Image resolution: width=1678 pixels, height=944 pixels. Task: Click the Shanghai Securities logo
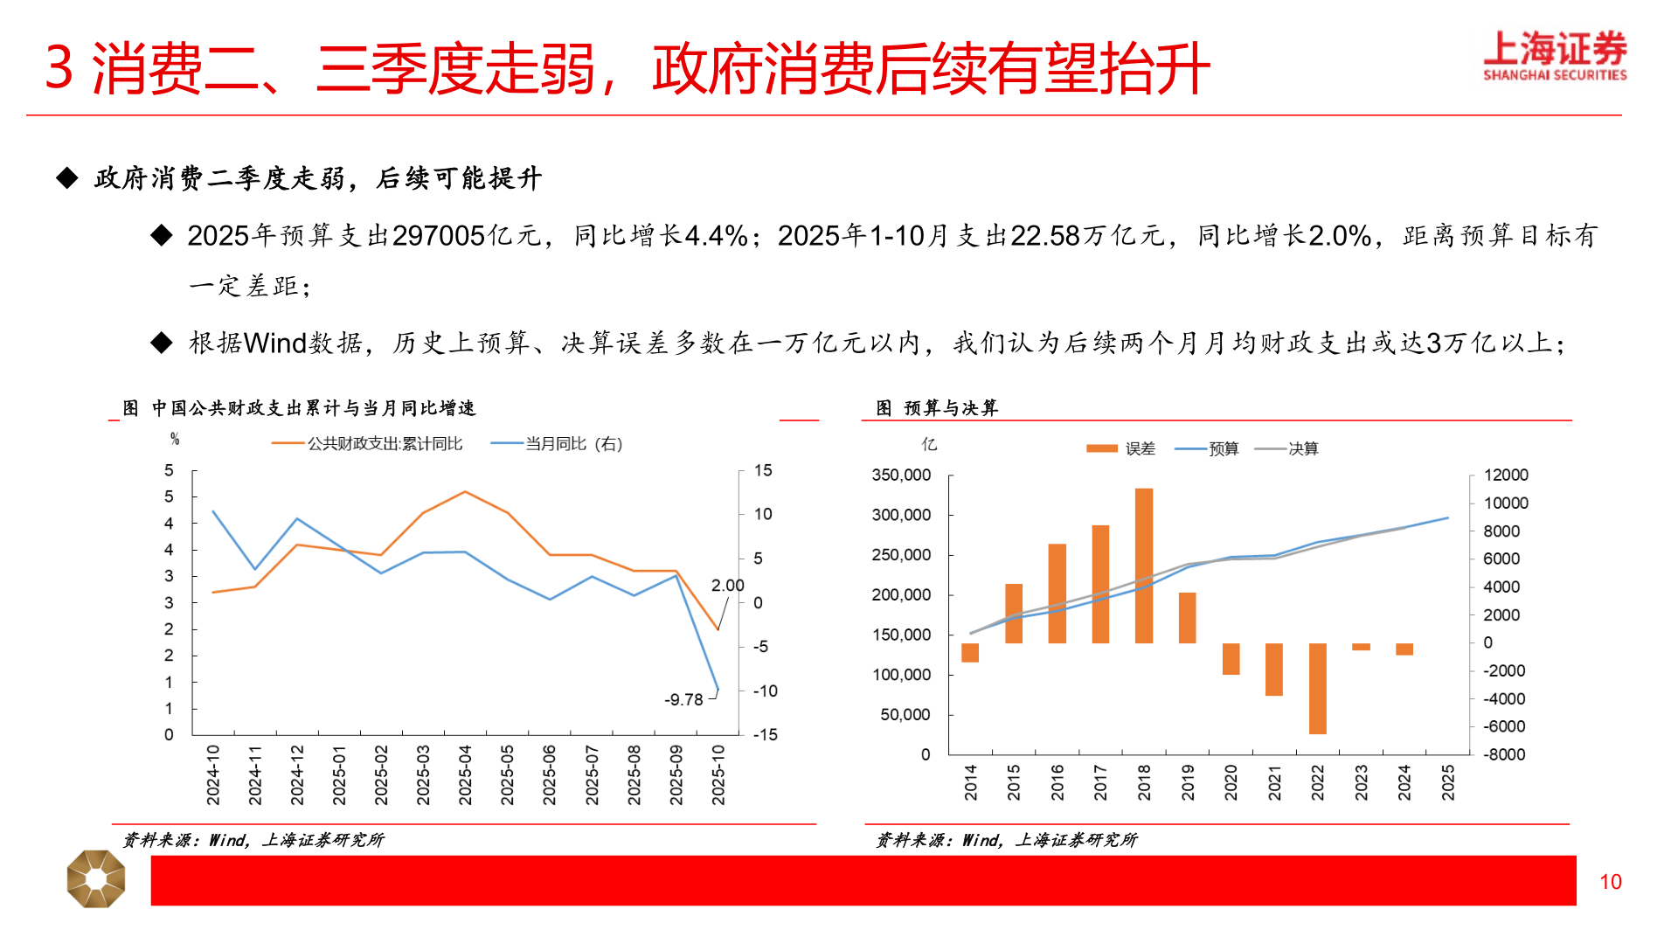pos(1554,56)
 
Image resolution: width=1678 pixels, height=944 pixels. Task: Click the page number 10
pos(1610,882)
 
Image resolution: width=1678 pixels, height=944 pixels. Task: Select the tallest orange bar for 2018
pos(1143,566)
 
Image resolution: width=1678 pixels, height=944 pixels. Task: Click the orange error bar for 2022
pos(1317,689)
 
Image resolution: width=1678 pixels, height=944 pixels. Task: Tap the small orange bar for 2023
pos(1361,647)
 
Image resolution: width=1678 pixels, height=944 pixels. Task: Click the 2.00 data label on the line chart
pos(727,586)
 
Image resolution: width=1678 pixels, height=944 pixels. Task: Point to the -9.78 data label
pos(683,699)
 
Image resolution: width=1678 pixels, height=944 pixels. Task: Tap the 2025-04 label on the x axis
pos(465,774)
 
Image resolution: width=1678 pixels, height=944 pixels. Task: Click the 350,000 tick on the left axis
pos(901,475)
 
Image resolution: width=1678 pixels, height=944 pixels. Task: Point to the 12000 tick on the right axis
pos(1506,475)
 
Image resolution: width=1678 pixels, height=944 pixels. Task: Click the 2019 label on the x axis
pos(1187,781)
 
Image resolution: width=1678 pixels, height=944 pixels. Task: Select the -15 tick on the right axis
pos(765,734)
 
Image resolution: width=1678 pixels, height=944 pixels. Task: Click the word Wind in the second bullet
pos(274,343)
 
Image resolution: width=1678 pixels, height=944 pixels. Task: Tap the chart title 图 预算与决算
pos(937,408)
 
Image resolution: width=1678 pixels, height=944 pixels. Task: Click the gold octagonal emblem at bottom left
pos(96,878)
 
